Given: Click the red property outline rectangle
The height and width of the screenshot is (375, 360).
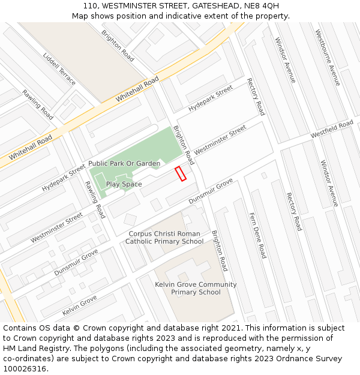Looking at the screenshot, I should (x=180, y=174).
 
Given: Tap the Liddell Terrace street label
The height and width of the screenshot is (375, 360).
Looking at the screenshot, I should (x=59, y=68).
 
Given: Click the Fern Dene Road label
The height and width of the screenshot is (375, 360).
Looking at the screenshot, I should (x=257, y=235).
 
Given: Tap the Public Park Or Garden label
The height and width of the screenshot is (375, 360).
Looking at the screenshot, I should (x=124, y=163).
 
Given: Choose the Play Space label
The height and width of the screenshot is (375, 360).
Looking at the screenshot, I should (x=124, y=184).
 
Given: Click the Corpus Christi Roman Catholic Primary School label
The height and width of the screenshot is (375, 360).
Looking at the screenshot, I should (x=164, y=238).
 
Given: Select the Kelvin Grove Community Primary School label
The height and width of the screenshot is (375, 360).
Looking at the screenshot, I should (x=196, y=288).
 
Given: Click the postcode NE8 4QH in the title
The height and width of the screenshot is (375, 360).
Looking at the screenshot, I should (x=262, y=6).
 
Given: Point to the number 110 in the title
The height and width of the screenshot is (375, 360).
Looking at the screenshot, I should (x=91, y=6).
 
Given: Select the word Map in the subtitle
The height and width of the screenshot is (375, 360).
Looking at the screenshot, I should (x=80, y=16).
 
